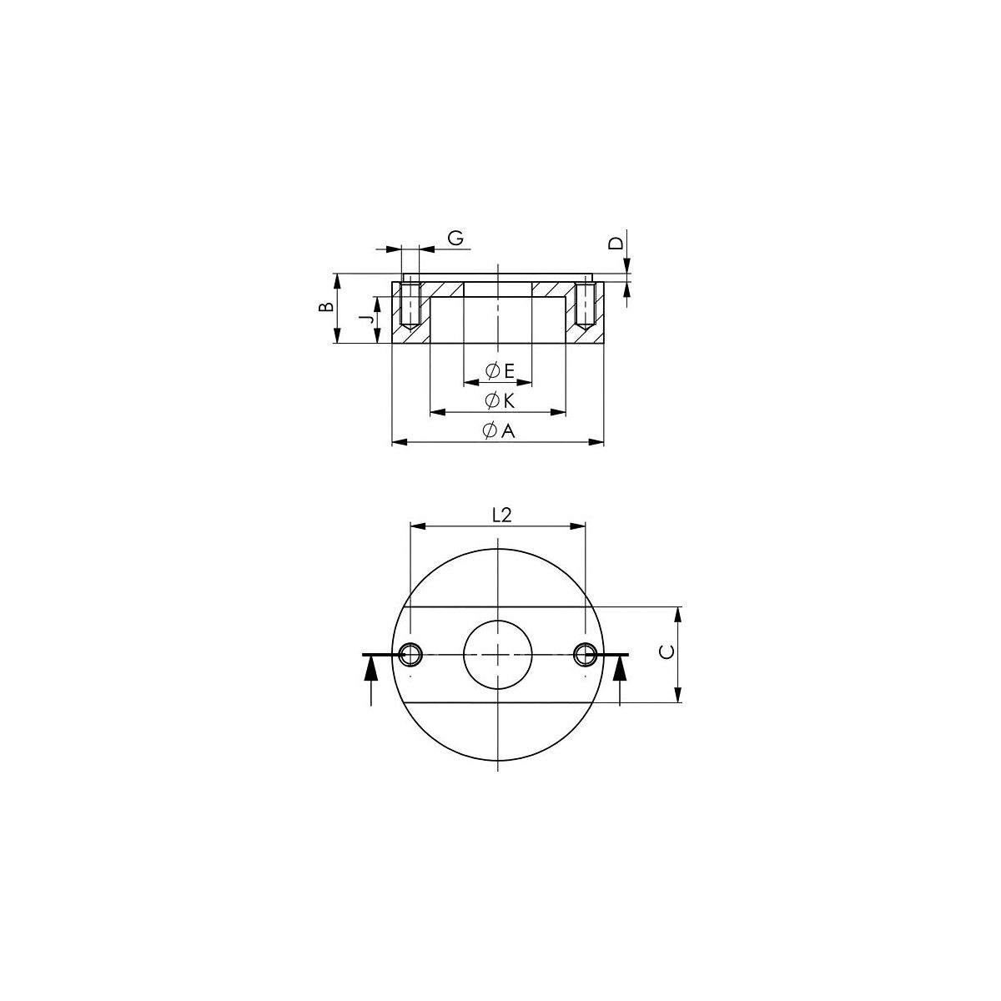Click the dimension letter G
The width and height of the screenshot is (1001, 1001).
455,238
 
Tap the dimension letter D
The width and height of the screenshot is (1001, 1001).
616,243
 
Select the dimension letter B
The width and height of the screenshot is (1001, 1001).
326,307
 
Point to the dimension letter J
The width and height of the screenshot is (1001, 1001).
369,319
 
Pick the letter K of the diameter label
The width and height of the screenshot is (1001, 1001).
509,400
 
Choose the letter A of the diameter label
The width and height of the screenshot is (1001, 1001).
509,430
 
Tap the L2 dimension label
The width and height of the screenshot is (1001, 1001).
502,515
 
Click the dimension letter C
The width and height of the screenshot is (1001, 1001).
667,651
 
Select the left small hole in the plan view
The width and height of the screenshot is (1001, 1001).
410,655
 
